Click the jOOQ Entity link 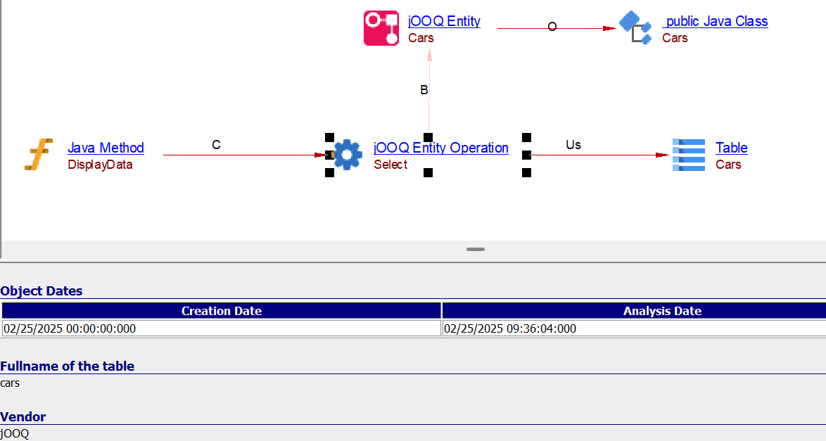[x=444, y=21]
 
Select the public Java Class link [x=715, y=21]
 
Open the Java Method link [x=106, y=148]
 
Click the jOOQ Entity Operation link [x=441, y=148]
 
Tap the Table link [x=731, y=148]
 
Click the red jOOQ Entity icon [x=381, y=28]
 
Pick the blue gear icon [x=348, y=154]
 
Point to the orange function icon [x=39, y=154]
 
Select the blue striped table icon [x=689, y=155]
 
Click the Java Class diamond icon [x=635, y=28]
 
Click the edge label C [x=216, y=145]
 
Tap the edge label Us [x=573, y=145]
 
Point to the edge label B [x=424, y=90]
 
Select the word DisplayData [x=100, y=165]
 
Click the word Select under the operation [x=390, y=165]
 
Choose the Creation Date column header [x=221, y=311]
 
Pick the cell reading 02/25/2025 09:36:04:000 [x=510, y=328]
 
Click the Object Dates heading [x=42, y=291]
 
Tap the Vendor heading [x=23, y=417]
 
